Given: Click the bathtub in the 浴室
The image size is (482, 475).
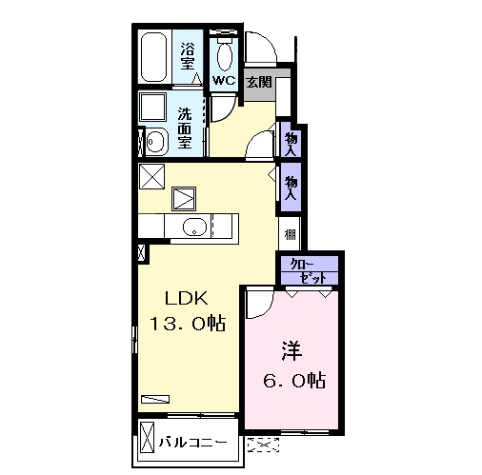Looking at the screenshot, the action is point(153,57).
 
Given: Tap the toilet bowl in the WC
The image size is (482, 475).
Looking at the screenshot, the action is point(225,56).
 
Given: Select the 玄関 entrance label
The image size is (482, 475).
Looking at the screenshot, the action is point(259,82).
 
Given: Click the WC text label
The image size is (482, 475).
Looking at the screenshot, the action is point(224,80).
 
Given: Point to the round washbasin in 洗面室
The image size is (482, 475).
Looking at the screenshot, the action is point(155,141).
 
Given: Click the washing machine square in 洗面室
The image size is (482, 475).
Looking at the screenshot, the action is point(153,107).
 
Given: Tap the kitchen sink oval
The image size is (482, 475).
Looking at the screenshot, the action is point(194,227).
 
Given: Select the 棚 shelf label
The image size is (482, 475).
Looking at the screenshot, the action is point(291,235).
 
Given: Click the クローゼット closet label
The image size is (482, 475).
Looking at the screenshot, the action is point(309,271).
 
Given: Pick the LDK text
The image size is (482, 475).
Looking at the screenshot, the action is point(186,298).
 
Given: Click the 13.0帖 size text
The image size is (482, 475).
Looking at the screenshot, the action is point(188,324).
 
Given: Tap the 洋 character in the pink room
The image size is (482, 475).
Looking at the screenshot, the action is point(291,351).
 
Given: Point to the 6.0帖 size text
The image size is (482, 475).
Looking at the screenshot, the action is point(294,380).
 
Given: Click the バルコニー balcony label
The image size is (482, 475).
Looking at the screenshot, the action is point(193,442).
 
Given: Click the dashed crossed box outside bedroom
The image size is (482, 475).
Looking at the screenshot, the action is point(263,445).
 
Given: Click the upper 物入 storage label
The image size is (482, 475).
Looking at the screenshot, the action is point(291,144).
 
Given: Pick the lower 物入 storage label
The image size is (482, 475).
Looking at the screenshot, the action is point(291,188).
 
